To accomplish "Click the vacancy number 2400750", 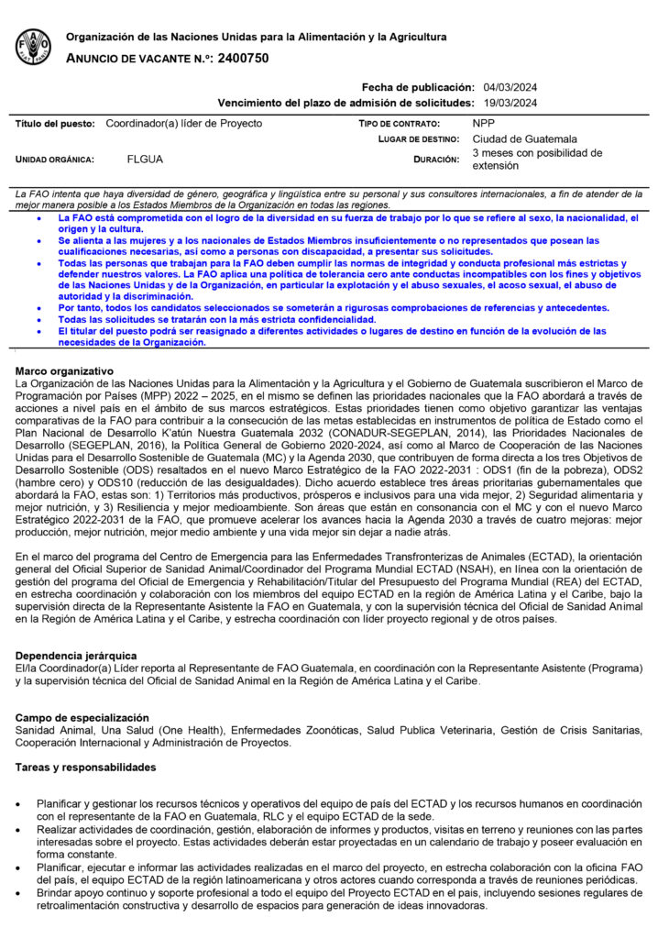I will tap(244, 58).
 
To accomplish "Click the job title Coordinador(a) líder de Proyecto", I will tap(184, 123).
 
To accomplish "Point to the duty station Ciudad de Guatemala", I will tap(525, 138).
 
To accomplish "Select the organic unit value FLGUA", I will tap(146, 160).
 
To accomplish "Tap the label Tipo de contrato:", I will tap(399, 123).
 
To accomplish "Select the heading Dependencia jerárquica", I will tap(76, 656).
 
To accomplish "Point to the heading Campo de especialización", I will tap(82, 716).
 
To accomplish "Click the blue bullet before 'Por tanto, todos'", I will tap(37, 308).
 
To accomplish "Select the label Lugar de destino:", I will tap(410, 139).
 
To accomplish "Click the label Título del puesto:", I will tap(56, 123).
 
